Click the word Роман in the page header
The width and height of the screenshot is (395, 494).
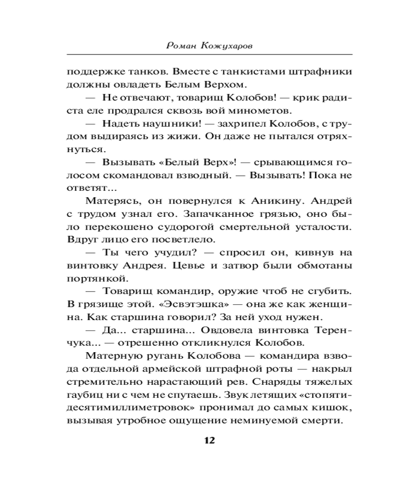click(183, 45)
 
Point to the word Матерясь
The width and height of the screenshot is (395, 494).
click(109, 201)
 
